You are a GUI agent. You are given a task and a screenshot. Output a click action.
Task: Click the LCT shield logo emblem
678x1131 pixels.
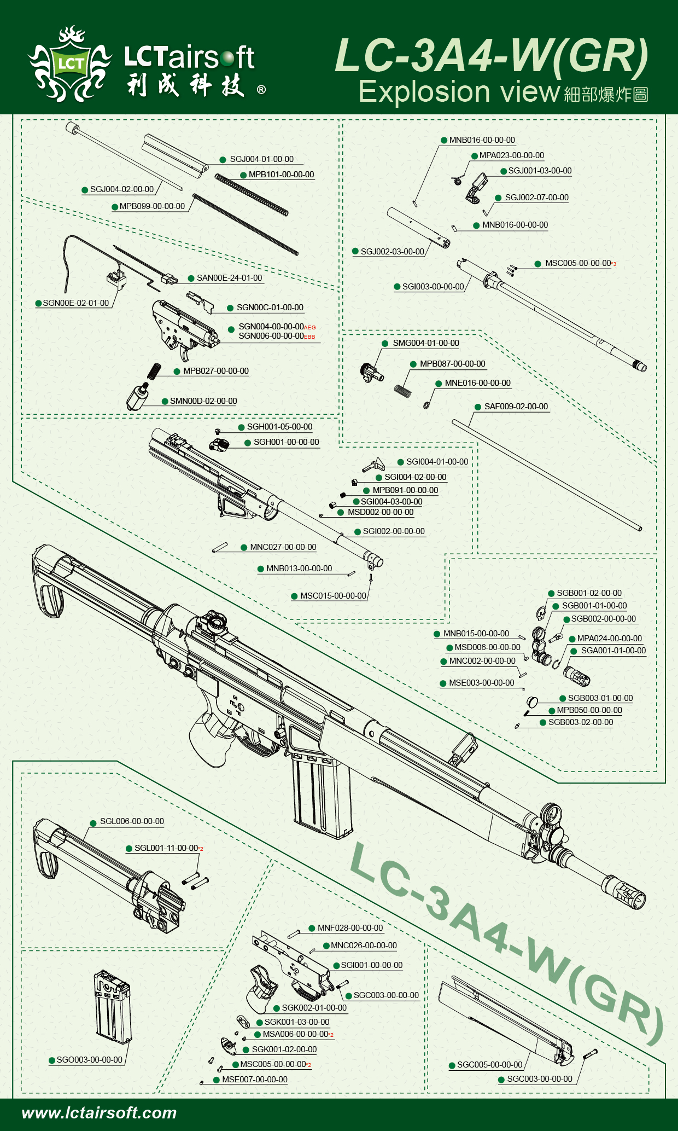point(70,64)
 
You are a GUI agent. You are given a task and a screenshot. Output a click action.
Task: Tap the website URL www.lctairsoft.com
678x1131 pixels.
point(99,1112)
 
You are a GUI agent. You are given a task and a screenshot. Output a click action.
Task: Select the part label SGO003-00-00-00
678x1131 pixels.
point(89,1060)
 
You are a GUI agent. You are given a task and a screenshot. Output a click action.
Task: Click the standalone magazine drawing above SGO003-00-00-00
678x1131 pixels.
point(112,1007)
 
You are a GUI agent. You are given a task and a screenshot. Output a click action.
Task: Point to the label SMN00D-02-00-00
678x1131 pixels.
point(203,401)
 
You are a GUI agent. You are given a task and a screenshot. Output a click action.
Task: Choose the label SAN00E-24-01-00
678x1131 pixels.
point(229,278)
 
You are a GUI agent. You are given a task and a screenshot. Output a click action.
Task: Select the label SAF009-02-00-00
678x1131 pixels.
point(516,407)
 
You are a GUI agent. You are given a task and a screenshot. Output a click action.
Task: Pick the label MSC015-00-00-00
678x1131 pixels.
point(333,596)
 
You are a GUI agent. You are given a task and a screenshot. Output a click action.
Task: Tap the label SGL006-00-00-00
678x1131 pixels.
point(132,821)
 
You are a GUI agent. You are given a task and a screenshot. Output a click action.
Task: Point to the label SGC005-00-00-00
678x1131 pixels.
point(489,1065)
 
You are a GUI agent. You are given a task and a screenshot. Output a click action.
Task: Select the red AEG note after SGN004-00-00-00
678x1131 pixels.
point(310,327)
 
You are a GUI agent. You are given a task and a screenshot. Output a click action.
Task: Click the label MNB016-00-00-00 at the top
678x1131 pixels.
point(482,140)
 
